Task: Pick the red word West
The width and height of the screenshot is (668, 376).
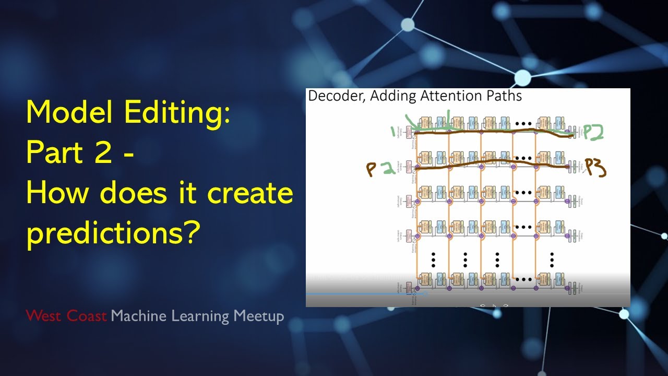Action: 45,316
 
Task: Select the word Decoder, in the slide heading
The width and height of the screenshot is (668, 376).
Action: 334,96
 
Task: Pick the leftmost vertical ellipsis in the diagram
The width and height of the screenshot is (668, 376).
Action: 433,258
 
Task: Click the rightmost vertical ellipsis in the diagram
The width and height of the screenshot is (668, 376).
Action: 552,258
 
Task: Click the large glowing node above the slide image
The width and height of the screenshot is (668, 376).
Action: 522,78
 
